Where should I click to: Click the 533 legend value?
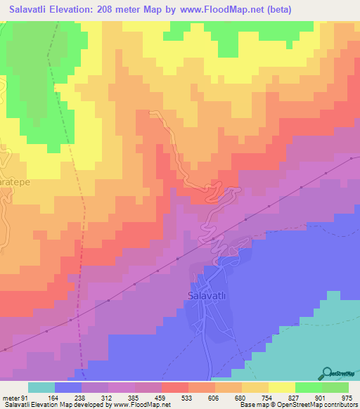click(188, 397)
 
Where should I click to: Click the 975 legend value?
click(347, 397)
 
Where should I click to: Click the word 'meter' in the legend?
click(8, 397)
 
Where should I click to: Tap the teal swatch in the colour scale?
click(41, 387)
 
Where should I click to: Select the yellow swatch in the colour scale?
click(282, 387)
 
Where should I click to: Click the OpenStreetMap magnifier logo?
click(328, 373)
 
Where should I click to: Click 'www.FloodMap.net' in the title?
click(225, 10)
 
